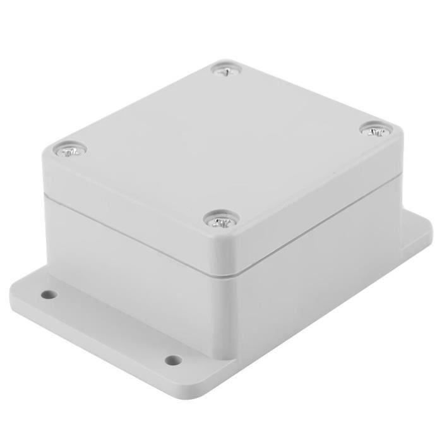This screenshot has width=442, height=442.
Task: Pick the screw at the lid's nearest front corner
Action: (x=220, y=220)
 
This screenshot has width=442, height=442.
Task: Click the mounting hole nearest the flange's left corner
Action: (x=47, y=294)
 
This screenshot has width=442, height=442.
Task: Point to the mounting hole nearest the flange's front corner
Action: (x=173, y=360)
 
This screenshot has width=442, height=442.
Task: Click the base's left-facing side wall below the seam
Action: (x=126, y=259)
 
